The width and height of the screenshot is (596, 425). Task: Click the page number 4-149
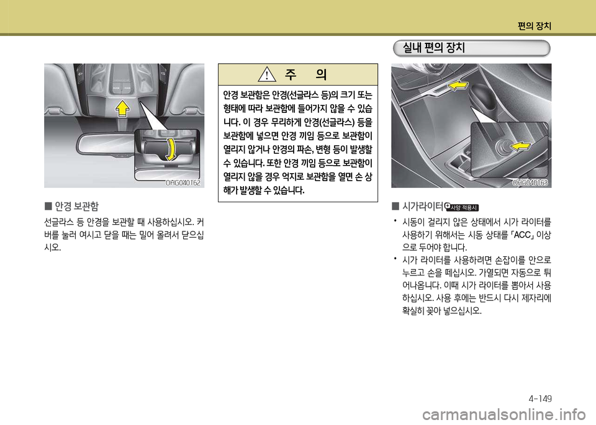click(541, 398)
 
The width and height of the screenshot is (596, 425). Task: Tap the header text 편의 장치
click(535, 25)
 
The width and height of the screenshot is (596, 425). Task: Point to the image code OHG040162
click(183, 182)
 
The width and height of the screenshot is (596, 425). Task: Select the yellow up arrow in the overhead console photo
click(123, 109)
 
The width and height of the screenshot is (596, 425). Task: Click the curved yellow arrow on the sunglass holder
click(171, 148)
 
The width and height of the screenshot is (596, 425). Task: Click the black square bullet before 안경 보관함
click(47, 205)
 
